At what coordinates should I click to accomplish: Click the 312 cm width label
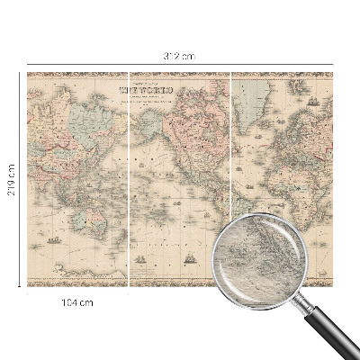coord(180,57)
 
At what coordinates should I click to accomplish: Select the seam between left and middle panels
coord(130,180)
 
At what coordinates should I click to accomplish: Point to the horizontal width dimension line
coord(180,65)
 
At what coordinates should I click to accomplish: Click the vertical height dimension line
coord(21,180)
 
